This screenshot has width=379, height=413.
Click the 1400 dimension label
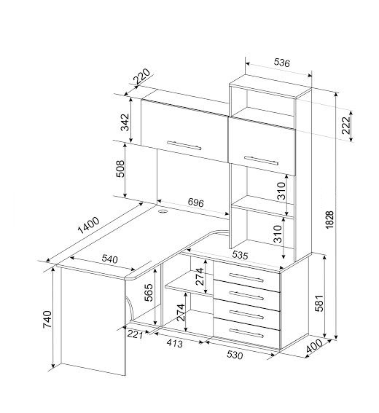[89, 225]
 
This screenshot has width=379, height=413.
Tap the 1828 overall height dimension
[329, 219]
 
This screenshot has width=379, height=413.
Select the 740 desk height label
[47, 319]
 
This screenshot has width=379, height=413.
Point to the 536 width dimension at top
[282, 63]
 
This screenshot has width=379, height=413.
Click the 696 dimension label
[196, 202]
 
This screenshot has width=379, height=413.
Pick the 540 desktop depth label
[110, 259]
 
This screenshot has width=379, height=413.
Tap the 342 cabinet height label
[125, 122]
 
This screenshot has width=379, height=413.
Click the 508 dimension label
[120, 168]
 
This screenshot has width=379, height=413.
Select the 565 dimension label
[149, 292]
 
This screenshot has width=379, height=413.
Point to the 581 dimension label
[319, 303]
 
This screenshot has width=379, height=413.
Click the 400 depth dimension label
[314, 346]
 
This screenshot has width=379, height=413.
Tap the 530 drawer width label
[235, 355]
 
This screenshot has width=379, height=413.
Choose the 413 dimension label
[174, 343]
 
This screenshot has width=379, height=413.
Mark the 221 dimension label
[135, 334]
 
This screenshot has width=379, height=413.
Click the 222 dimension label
[346, 125]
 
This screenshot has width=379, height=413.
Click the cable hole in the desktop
[163, 211]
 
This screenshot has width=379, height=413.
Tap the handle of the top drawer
[246, 278]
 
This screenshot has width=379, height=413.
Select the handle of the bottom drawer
[246, 333]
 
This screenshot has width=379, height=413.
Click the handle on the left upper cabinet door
[184, 146]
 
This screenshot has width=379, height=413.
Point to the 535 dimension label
[240, 255]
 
